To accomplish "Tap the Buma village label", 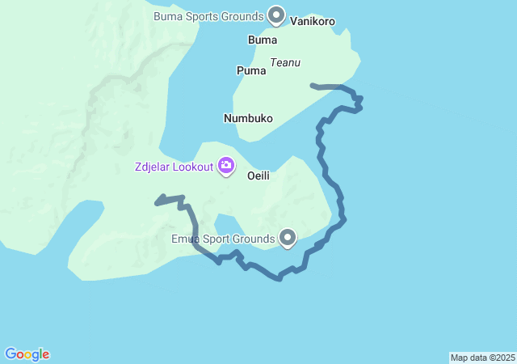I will [x=263, y=40].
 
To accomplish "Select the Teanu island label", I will [x=285, y=62].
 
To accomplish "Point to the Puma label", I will [x=251, y=70].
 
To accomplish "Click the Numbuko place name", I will [x=248, y=118].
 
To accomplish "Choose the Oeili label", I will [x=258, y=174].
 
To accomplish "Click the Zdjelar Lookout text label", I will [x=174, y=167].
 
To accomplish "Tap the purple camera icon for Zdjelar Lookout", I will [x=225, y=167].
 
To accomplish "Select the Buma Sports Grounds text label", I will [x=208, y=15].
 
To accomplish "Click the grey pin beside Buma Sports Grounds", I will [x=276, y=15].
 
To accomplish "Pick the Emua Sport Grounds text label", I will [x=223, y=239].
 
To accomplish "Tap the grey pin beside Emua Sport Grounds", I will [x=288, y=237].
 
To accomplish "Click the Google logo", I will [x=27, y=354].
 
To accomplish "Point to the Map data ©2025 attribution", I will [x=482, y=358].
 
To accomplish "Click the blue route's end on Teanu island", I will [x=312, y=84].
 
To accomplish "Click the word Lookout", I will [x=193, y=167].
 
